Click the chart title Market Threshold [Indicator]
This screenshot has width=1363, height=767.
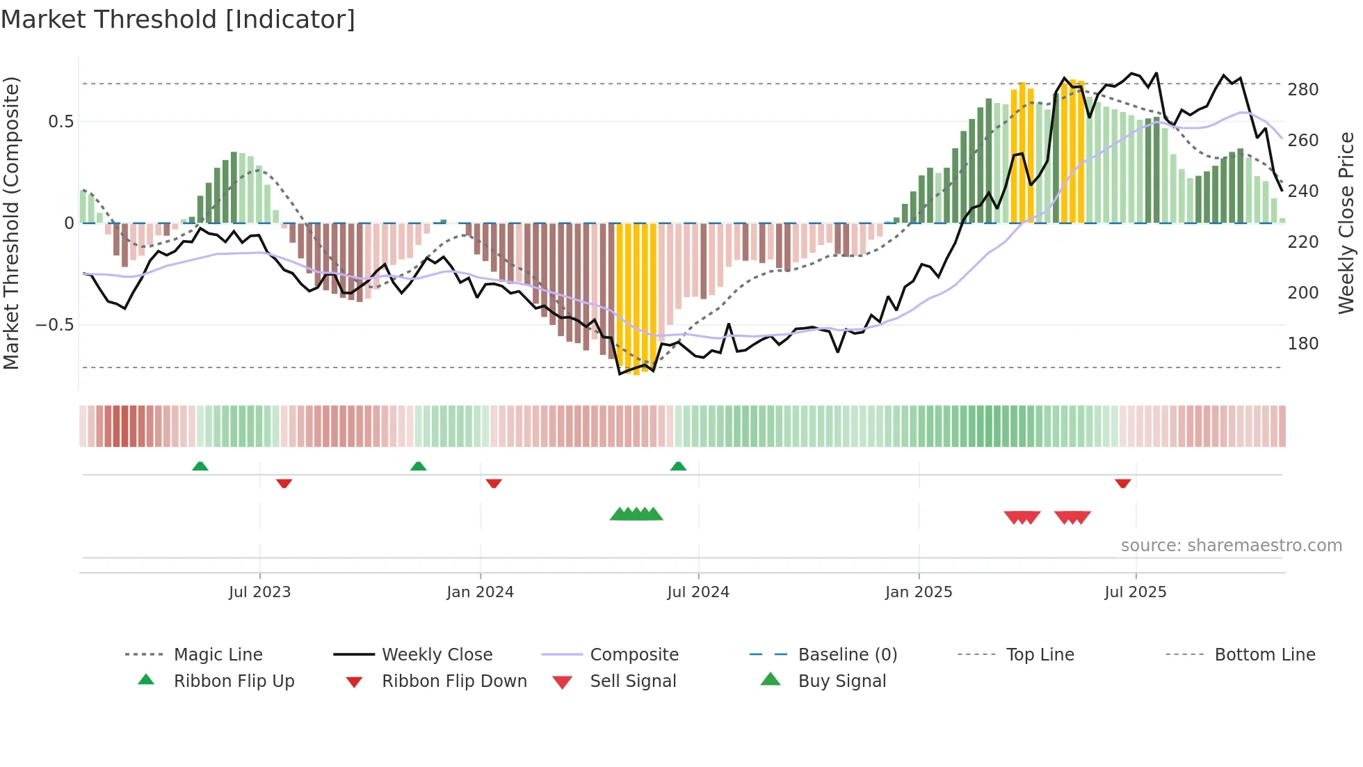click(x=178, y=19)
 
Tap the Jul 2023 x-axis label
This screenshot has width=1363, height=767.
click(x=259, y=592)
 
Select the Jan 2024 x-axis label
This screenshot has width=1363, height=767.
click(x=480, y=592)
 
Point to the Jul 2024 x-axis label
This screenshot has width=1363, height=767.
click(x=698, y=592)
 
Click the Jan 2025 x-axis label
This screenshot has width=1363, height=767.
click(x=919, y=592)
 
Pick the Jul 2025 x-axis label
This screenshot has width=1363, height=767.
click(x=1136, y=592)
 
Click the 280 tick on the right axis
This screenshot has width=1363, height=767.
click(x=1303, y=90)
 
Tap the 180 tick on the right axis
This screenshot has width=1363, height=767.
click(x=1303, y=344)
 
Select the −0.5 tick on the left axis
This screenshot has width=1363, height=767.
click(x=55, y=325)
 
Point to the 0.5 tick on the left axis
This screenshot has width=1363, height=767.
click(x=61, y=122)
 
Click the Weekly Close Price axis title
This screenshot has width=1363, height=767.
click(x=1346, y=223)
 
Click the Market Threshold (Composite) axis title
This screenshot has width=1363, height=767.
click(x=11, y=223)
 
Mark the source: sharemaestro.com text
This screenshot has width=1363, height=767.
click(x=1231, y=546)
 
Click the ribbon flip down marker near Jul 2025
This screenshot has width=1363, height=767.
click(x=1122, y=483)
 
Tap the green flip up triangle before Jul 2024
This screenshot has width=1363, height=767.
click(x=678, y=466)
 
